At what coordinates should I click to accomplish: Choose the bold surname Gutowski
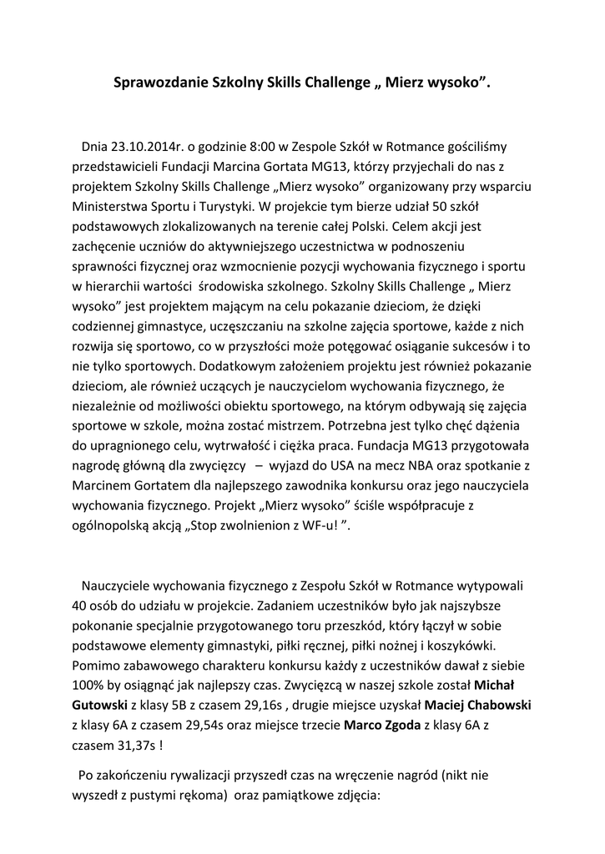point(101,705)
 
